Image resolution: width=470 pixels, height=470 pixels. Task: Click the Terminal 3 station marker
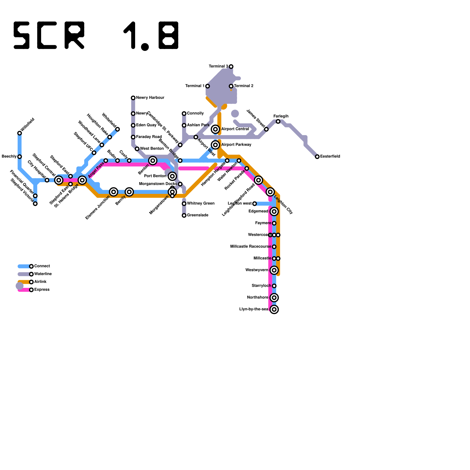[231, 67]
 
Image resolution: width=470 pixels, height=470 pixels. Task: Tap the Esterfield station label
[330, 157]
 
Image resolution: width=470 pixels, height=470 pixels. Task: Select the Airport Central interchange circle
[216, 129]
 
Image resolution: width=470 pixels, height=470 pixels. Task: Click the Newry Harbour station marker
[133, 98]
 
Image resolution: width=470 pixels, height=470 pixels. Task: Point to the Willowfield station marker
[20, 133]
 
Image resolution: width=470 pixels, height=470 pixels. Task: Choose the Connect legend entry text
[42, 266]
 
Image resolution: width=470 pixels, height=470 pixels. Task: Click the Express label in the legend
[42, 290]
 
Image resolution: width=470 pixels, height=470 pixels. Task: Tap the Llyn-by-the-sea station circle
[274, 309]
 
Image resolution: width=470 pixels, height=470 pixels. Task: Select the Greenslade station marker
[184, 216]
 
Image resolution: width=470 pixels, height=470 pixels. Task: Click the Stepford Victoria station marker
[35, 204]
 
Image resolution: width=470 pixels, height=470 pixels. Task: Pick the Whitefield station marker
[117, 129]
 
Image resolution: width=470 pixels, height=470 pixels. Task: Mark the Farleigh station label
[281, 116]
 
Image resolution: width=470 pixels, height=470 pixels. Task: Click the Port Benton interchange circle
[172, 176]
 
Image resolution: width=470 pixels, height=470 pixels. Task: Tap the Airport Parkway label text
[236, 145]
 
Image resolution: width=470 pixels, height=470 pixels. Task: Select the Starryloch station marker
[274, 286]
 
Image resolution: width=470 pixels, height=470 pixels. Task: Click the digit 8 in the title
[169, 35]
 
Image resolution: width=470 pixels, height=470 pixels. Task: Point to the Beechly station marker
[20, 157]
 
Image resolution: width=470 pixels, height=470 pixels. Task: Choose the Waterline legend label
[43, 274]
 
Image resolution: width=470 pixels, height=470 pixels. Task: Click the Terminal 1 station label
[195, 86]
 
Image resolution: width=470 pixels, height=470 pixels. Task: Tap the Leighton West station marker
[255, 204]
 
